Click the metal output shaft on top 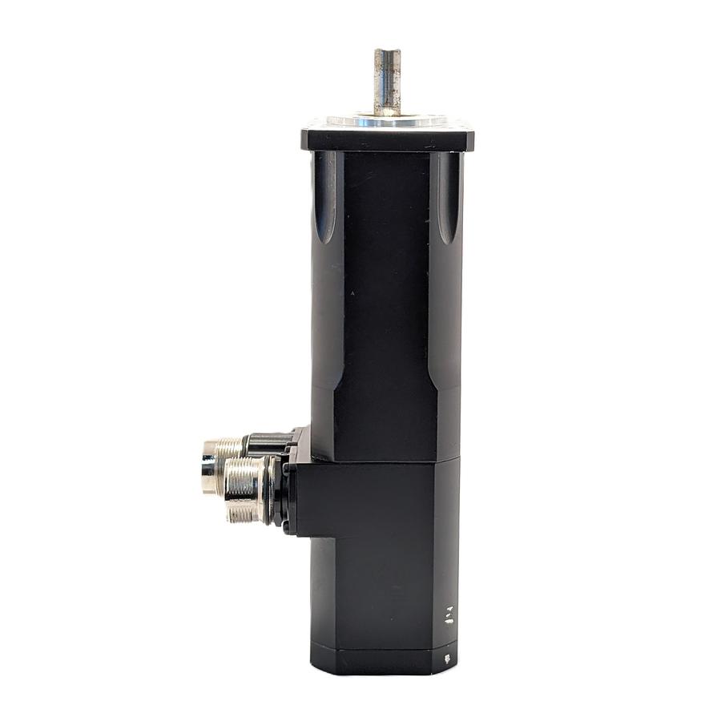(387, 80)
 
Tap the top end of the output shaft (387, 51)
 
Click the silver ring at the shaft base (387, 120)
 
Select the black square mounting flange (387, 138)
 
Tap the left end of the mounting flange (304, 138)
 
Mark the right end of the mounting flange (471, 138)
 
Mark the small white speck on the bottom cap (447, 659)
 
